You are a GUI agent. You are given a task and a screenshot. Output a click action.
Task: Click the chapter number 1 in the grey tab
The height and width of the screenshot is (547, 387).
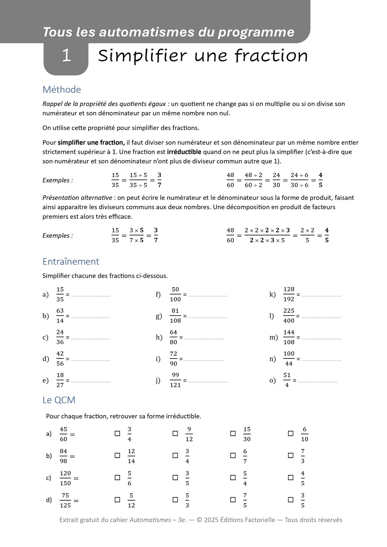pyautogui.click(x=66, y=56)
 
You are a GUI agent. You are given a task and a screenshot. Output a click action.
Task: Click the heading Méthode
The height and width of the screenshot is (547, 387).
pyautogui.click(x=61, y=89)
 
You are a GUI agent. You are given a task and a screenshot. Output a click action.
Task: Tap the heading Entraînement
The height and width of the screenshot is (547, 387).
pyautogui.click(x=71, y=261)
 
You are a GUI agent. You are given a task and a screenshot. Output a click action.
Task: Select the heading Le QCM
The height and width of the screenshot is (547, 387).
pyautogui.click(x=59, y=400)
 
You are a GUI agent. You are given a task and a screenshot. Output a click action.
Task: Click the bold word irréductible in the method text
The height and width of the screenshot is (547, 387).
pyautogui.click(x=184, y=152)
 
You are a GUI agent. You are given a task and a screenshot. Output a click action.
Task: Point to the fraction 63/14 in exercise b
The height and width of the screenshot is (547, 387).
pyautogui.click(x=60, y=316)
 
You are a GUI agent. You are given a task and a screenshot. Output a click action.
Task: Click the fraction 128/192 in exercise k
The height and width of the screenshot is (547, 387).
pyautogui.click(x=289, y=294)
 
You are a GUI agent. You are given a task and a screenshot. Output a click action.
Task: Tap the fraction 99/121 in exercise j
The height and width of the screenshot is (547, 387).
pyautogui.click(x=175, y=380)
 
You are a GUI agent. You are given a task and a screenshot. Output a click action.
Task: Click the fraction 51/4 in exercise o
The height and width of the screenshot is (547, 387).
pyautogui.click(x=287, y=380)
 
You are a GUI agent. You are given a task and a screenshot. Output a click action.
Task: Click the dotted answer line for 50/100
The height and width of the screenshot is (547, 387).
pyautogui.click(x=208, y=296)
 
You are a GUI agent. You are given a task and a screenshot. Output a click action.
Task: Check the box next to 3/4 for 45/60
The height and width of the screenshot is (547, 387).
pyautogui.click(x=117, y=434)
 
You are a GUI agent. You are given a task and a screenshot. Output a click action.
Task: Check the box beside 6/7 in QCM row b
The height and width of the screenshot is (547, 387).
pyautogui.click(x=233, y=456)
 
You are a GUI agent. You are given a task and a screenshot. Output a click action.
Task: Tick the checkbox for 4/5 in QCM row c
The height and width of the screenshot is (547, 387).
pyautogui.click(x=291, y=478)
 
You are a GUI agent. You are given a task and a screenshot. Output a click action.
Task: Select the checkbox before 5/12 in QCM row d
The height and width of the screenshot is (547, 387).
pyautogui.click(x=117, y=500)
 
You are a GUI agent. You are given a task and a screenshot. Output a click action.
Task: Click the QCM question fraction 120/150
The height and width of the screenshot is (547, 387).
pyautogui.click(x=65, y=478)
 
